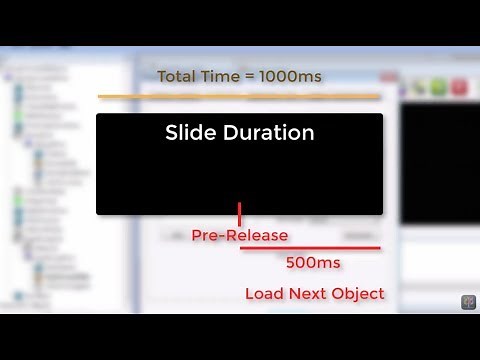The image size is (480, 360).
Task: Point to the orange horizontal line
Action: pyautogui.click(x=240, y=97)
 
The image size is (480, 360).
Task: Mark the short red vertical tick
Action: pyautogui.click(x=240, y=212)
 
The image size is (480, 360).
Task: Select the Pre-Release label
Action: pyautogui.click(x=240, y=235)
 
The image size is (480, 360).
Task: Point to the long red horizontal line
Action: pyautogui.click(x=310, y=248)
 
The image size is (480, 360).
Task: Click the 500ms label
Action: pyautogui.click(x=313, y=263)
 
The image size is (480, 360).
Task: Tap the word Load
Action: pyautogui.click(x=265, y=294)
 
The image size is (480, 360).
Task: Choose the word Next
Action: pyautogui.click(x=309, y=294)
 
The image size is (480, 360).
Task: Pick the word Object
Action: pyautogui.click(x=359, y=294)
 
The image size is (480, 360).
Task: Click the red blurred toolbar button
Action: pyautogui.click(x=460, y=88)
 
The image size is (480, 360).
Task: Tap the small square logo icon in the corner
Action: pyautogui.click(x=467, y=302)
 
